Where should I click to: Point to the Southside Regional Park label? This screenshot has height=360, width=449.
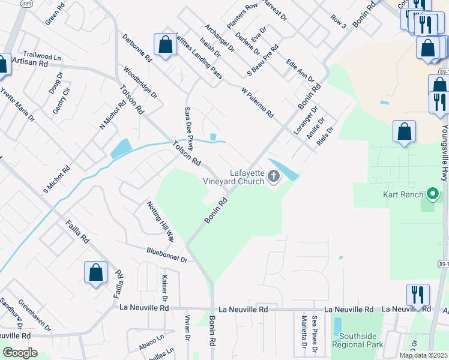[x=361, y=340]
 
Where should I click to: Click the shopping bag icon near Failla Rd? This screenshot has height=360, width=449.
[x=95, y=273]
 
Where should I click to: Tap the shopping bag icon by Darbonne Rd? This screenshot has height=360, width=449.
[x=165, y=45]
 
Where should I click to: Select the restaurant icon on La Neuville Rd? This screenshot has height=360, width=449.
[x=418, y=295]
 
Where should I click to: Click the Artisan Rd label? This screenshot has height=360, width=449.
[x=29, y=62]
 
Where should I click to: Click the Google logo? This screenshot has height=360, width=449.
[x=20, y=353]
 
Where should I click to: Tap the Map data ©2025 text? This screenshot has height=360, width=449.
[x=423, y=355]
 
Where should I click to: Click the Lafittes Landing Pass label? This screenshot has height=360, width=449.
[x=199, y=55]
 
